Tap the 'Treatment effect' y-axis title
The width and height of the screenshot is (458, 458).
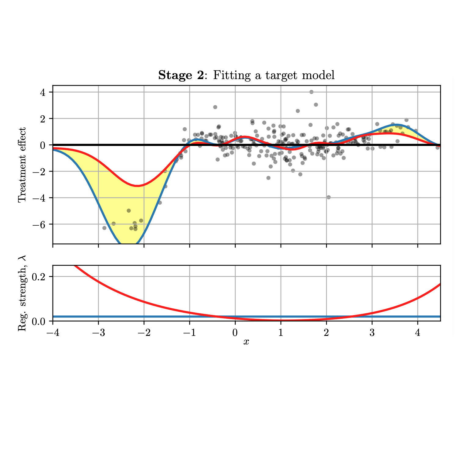(22, 165)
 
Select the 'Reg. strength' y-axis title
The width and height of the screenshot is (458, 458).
(22, 293)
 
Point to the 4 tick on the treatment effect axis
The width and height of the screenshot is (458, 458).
(43, 92)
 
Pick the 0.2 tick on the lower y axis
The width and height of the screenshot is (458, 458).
(39, 277)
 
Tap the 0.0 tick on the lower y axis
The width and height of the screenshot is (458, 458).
(39, 321)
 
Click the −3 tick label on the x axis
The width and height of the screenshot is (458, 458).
(98, 333)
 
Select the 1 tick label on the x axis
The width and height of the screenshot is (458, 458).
(281, 333)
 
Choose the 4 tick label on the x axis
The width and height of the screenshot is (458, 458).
(417, 333)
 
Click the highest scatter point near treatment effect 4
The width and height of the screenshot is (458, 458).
(311, 92)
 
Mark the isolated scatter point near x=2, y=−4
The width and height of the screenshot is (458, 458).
(329, 197)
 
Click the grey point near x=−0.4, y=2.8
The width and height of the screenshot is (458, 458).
(215, 107)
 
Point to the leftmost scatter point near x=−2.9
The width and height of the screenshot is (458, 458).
(104, 228)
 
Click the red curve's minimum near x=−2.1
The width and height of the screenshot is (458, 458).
(138, 186)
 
